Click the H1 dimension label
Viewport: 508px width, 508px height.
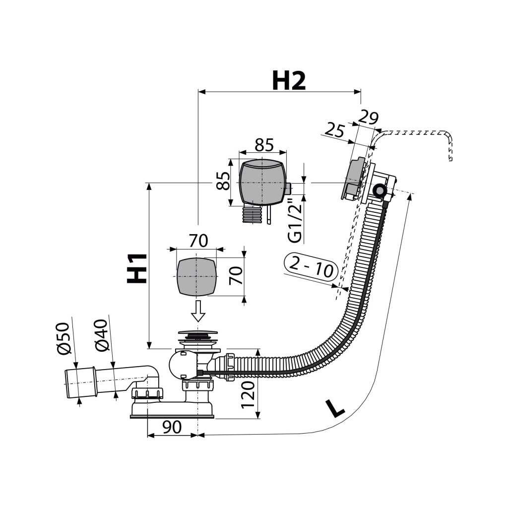(x=137, y=268)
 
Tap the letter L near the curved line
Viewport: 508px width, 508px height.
(x=335, y=408)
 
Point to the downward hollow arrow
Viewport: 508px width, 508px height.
(x=198, y=311)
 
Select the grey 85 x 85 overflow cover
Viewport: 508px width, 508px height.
(x=262, y=182)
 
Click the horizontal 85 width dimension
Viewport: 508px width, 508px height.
(x=264, y=145)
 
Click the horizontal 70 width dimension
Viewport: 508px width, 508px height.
(x=198, y=241)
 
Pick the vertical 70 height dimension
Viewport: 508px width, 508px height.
(x=238, y=275)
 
